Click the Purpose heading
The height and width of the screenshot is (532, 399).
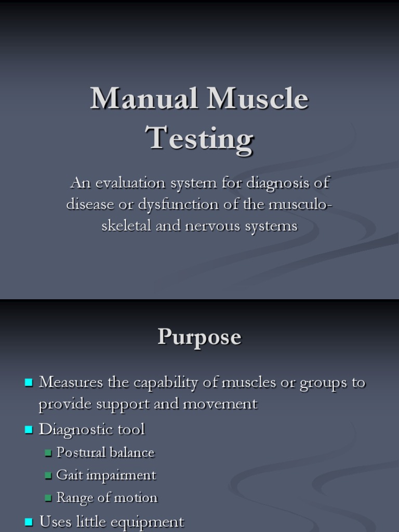[199, 337]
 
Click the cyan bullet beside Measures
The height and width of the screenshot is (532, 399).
[29, 383]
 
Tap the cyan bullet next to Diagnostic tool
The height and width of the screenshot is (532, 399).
[29, 430]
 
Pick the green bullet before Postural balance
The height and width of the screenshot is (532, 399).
[48, 453]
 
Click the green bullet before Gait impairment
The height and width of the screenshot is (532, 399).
[48, 475]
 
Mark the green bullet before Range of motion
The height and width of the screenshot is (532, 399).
[48, 498]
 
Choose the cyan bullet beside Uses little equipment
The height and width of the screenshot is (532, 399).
[29, 522]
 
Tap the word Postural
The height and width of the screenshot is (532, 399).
[79, 453]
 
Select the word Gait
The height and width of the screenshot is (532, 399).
[68, 475]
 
